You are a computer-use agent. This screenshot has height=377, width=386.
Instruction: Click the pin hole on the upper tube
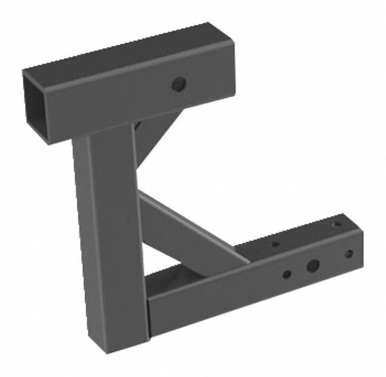179,85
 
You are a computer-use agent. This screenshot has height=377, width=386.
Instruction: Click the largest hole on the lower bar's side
312,265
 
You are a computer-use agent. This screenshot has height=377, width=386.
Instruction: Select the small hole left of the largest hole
286,274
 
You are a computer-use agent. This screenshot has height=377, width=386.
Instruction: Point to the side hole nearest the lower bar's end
349,253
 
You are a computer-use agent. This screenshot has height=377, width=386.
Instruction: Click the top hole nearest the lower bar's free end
337,224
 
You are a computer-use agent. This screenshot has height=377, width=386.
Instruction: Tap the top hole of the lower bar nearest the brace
275,244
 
